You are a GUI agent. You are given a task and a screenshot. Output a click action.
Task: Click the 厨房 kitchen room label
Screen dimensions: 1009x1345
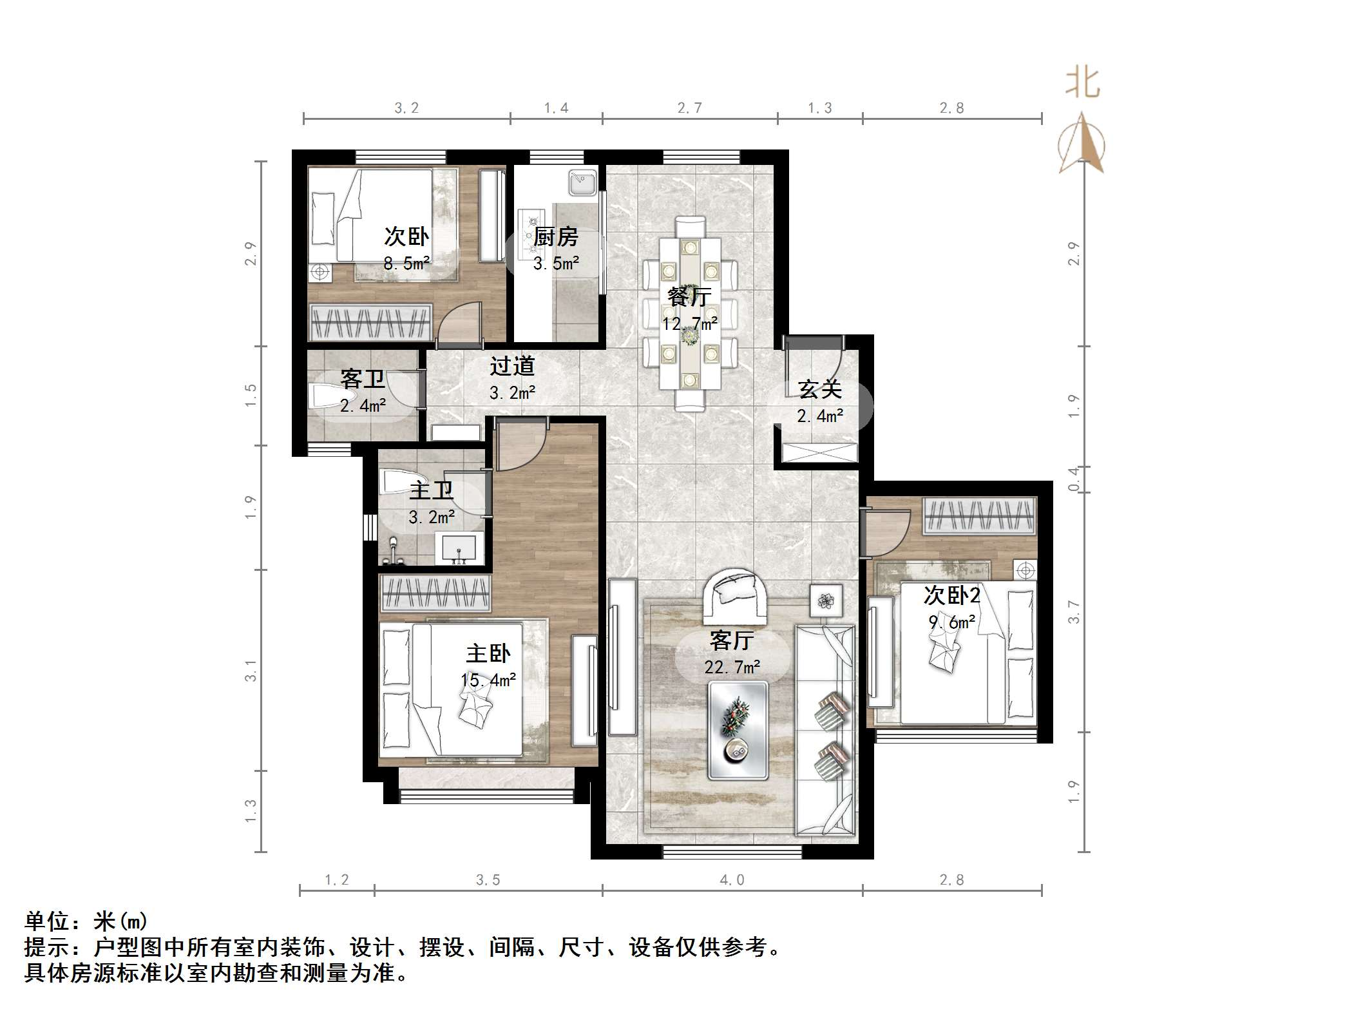click(x=555, y=237)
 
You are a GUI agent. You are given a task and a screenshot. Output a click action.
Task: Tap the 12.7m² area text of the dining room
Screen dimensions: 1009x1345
click(x=690, y=323)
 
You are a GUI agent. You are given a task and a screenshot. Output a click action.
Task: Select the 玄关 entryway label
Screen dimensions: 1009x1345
click(x=819, y=389)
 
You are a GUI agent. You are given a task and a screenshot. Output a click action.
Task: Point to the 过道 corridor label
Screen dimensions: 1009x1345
click(x=512, y=366)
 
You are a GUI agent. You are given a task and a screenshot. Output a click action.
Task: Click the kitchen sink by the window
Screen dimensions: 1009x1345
click(x=584, y=182)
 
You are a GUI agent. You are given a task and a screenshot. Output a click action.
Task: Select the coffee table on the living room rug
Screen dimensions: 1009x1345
click(x=738, y=730)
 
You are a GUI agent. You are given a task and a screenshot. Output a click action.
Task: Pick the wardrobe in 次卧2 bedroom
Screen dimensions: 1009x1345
click(x=979, y=516)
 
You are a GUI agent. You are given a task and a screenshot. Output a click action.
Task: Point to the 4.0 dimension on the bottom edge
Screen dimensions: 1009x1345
click(x=732, y=880)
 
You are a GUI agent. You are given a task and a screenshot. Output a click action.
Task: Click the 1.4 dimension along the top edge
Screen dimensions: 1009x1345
click(x=556, y=108)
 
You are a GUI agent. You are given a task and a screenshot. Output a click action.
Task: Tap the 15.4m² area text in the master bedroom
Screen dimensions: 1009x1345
click(x=488, y=680)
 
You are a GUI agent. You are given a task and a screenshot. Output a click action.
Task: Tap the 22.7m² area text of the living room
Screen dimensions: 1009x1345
click(x=732, y=668)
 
